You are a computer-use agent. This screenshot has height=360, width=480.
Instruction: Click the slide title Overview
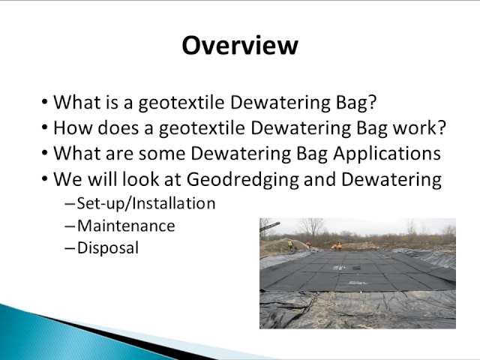240,45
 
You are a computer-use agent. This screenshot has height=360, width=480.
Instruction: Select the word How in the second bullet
73,127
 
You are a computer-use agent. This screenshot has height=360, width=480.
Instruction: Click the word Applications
387,153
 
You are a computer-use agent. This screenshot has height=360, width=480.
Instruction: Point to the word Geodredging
242,180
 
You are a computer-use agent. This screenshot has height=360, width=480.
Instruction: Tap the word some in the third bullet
162,153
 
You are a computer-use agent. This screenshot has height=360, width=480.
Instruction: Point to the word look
140,179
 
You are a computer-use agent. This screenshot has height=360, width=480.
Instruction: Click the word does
118,127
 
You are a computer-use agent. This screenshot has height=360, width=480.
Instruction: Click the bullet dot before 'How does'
45,127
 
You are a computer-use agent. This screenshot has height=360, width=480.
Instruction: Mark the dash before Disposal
70,248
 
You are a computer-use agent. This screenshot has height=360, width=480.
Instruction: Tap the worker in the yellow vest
290,245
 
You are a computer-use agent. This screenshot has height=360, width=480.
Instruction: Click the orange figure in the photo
338,245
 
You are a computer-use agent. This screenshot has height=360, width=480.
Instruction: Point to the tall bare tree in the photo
312,228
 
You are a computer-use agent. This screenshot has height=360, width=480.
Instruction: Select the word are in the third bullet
119,154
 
